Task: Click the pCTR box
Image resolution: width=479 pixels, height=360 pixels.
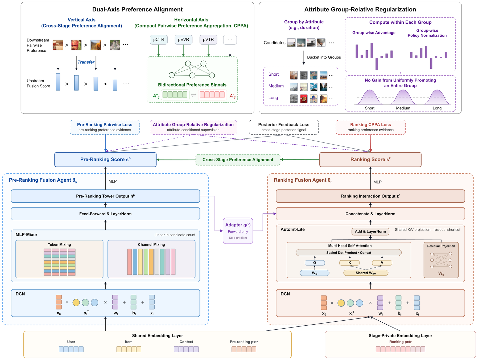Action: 159,40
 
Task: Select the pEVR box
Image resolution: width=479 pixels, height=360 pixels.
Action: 183,40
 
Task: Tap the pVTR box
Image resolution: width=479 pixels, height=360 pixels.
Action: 208,40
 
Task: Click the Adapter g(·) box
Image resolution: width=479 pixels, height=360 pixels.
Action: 238,231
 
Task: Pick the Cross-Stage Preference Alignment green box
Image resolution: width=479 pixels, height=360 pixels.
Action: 238,159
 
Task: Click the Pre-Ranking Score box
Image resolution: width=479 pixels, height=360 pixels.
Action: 105,159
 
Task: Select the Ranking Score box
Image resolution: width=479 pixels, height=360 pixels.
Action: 370,159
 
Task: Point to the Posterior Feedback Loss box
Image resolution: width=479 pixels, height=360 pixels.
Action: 284,127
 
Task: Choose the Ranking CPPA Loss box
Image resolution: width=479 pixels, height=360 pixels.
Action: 370,127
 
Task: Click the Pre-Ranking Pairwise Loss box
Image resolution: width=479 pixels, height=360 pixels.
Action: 105,127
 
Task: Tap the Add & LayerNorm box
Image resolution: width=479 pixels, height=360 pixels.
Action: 370,231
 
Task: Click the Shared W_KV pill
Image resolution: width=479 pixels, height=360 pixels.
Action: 366,273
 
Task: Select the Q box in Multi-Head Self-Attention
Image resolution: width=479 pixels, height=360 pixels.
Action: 315,263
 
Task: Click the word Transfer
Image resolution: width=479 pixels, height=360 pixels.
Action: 86,62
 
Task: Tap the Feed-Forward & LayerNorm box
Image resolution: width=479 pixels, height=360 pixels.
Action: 105,214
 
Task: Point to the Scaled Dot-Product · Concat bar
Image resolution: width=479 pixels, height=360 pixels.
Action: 349,253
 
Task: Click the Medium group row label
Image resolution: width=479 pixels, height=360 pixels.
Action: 276,86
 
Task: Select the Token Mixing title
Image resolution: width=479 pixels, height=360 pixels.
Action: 59,244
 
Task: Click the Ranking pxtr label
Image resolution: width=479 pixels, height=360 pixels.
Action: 400,342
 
